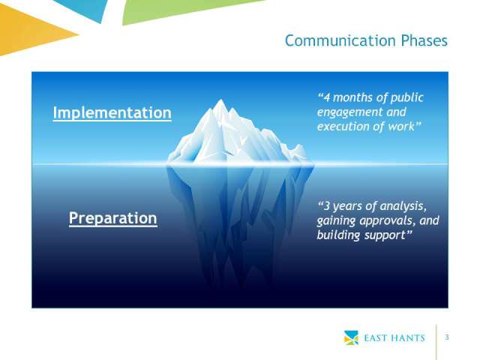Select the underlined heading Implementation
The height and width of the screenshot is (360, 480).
pyautogui.click(x=112, y=113)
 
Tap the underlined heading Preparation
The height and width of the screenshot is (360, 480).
pyautogui.click(x=113, y=218)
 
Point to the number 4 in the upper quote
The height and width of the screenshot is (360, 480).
pyautogui.click(x=327, y=97)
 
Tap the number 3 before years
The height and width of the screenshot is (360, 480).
pyautogui.click(x=327, y=206)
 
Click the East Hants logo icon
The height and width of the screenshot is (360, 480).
pyautogui.click(x=351, y=337)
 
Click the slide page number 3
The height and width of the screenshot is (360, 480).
pyautogui.click(x=447, y=337)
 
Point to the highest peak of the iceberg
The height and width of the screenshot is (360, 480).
pyautogui.click(x=220, y=100)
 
